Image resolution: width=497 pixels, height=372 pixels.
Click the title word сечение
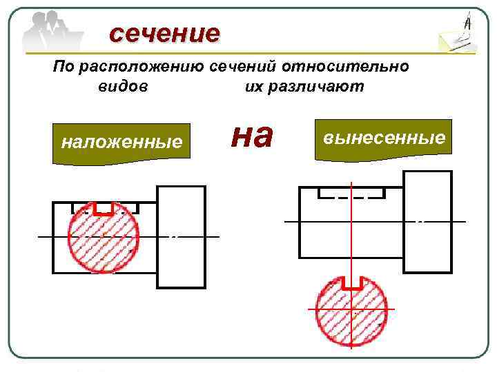click(164, 32)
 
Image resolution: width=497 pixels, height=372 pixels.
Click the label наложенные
click(121, 142)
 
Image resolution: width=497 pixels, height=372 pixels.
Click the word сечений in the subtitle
click(264, 67)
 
